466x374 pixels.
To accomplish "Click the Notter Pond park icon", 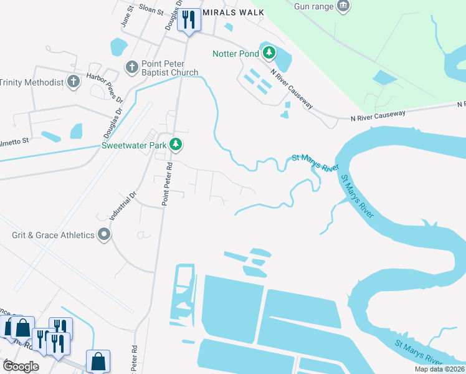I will point(269,53).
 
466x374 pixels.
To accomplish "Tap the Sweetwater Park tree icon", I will point(176,145).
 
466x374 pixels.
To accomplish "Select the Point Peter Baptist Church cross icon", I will point(131,67).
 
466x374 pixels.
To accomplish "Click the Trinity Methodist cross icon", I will point(74,82).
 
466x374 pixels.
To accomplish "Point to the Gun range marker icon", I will point(343,6).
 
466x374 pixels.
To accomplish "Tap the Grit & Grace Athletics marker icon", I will point(104,235).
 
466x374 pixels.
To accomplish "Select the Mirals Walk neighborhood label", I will point(233,12).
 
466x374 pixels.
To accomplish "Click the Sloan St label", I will point(151,11).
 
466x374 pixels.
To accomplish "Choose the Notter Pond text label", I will point(235,54).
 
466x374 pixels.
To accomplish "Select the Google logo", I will point(20,367).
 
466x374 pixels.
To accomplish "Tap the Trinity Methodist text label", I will point(32,82).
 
